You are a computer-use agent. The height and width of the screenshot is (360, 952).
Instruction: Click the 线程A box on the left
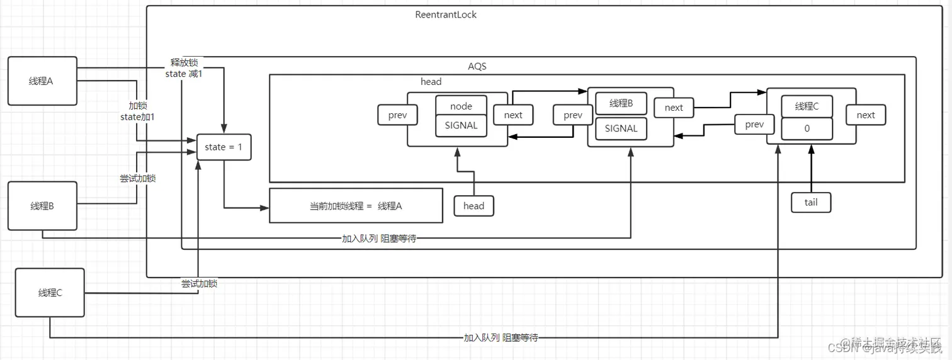42,81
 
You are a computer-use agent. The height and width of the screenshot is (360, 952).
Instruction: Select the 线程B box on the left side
42,206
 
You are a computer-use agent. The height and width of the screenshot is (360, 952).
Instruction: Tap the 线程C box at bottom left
50,293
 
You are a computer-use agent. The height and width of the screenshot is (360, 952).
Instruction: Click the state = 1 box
224,147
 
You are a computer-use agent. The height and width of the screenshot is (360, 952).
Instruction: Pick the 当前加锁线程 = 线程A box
356,206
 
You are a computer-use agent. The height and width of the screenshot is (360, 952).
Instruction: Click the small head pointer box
473,206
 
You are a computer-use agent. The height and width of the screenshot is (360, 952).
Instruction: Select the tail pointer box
811,202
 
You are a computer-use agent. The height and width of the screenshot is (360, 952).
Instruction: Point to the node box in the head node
461,106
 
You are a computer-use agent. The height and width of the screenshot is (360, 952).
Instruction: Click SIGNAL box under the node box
461,125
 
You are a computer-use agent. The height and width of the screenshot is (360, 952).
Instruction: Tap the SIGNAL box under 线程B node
621,128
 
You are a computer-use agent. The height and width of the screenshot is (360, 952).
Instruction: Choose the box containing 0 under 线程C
807,128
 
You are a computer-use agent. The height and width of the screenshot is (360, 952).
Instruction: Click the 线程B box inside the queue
621,103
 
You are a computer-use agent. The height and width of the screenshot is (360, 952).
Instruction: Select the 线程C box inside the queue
807,106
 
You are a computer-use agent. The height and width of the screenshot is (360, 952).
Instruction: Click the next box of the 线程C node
865,115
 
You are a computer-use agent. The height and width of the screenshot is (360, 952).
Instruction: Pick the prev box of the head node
394,115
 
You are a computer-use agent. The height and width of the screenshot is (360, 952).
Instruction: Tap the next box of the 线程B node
673,108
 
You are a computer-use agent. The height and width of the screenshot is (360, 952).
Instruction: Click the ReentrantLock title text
446,14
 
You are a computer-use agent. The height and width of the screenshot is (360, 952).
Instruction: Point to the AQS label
477,66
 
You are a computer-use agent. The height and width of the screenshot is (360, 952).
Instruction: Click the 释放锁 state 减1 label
184,69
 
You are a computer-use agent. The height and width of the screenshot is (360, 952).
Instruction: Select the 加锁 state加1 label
137,111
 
